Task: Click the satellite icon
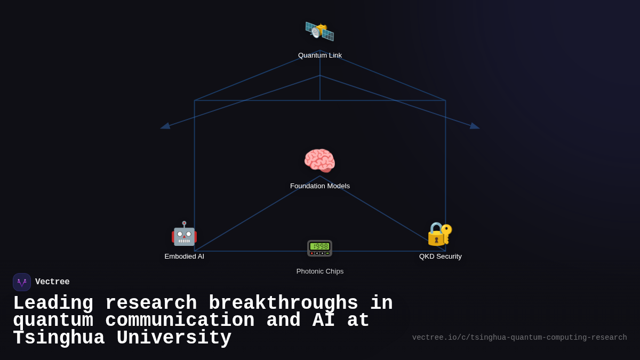pyautogui.click(x=319, y=31)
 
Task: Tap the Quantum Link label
pyautogui.click(x=320, y=55)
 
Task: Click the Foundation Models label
pyautogui.click(x=320, y=186)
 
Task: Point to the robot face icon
pyautogui.click(x=184, y=234)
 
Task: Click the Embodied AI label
pyautogui.click(x=185, y=257)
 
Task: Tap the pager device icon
pyautogui.click(x=319, y=248)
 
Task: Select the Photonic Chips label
pyautogui.click(x=320, y=271)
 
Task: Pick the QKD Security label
pyautogui.click(x=441, y=257)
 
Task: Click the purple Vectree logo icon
pyautogui.click(x=22, y=282)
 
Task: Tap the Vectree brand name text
pyautogui.click(x=52, y=282)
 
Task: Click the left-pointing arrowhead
pyautogui.click(x=165, y=126)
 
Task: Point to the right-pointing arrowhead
pyautogui.click(x=475, y=126)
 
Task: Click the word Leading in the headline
pyautogui.click(x=53, y=303)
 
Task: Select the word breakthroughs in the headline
pyautogui.click(x=283, y=303)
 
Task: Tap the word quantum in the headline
pyautogui.click(x=53, y=321)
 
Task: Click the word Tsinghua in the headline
pyautogui.click(x=59, y=338)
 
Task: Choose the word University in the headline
pyautogui.click(x=174, y=338)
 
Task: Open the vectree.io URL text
pyautogui.click(x=519, y=338)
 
